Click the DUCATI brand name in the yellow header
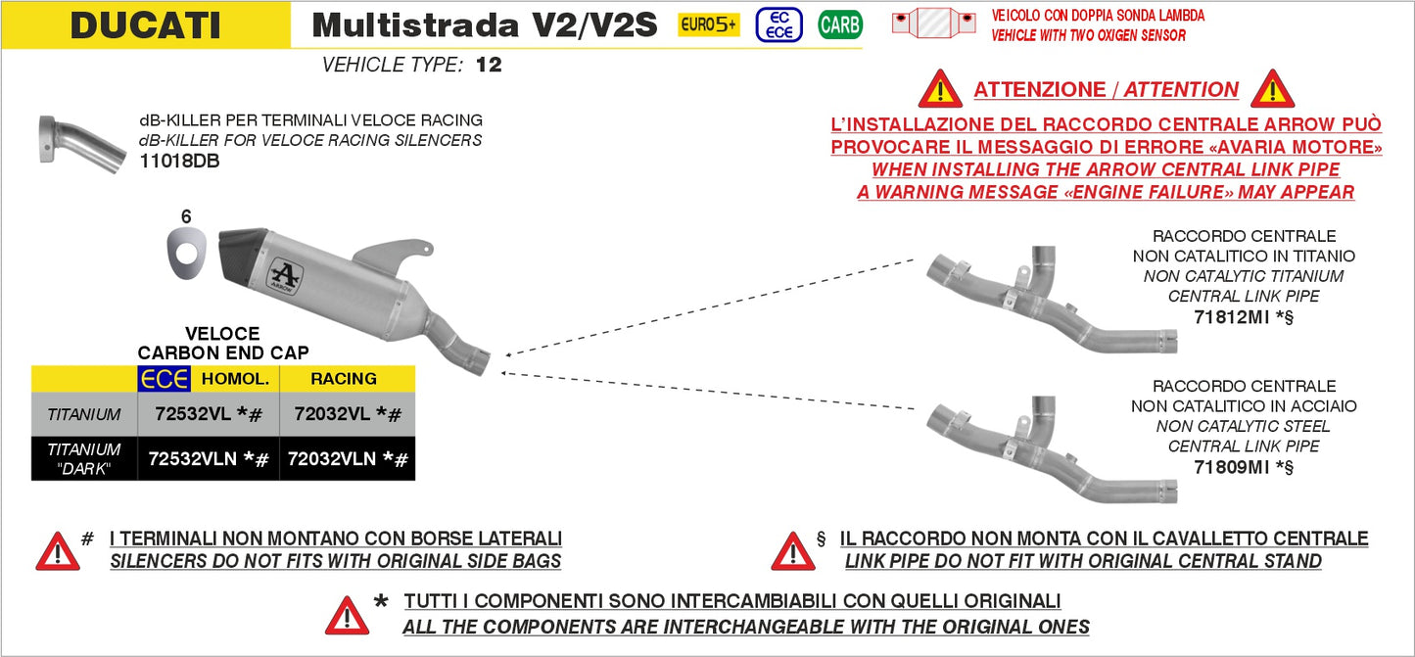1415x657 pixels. point(145,25)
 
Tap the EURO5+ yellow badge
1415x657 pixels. point(709,25)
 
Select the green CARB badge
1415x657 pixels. point(839,25)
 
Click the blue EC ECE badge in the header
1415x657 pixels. point(779,24)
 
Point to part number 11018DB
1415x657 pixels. point(179,162)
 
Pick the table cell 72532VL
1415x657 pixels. point(194,414)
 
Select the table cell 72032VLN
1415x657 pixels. point(331,458)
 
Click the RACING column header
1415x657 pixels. point(344,378)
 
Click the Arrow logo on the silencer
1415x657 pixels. point(286,273)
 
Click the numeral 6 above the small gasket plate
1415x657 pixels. point(186,217)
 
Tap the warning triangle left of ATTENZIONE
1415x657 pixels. point(940,89)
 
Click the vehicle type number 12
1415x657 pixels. point(489,66)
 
